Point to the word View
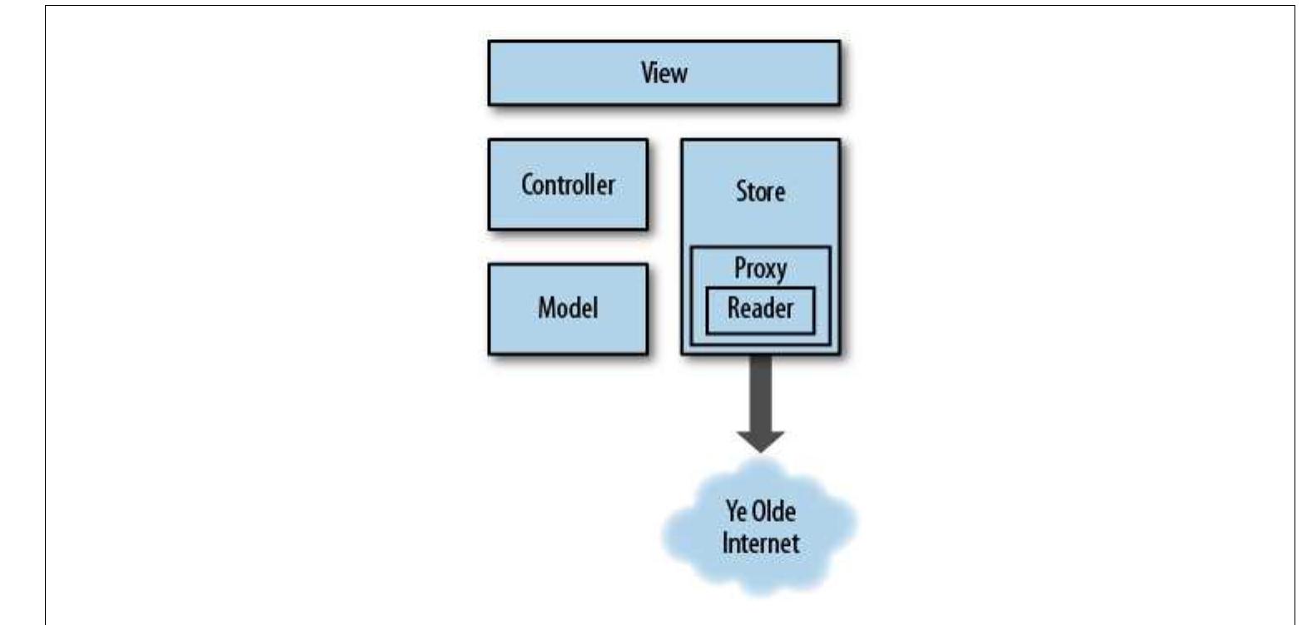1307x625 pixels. [663, 73]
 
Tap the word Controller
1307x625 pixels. [568, 184]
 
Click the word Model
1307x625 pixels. [568, 308]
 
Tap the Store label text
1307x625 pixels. [760, 191]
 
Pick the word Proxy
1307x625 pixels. [760, 268]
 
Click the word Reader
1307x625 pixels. [760, 308]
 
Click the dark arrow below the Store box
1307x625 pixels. [760, 391]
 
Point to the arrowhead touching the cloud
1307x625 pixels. [760, 441]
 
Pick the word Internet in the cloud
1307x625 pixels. [760, 543]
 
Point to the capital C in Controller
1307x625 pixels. [527, 184]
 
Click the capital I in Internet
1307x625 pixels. [725, 543]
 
